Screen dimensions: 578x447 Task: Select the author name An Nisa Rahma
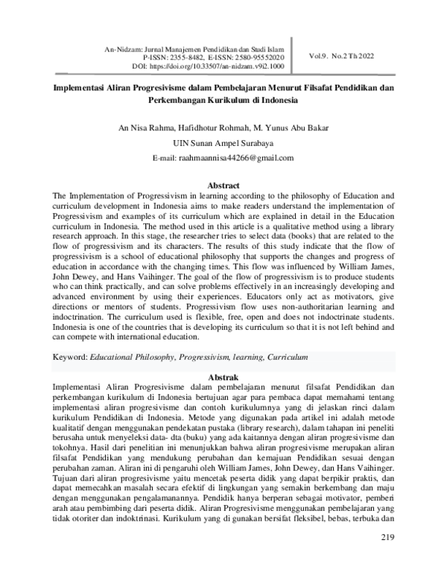144,128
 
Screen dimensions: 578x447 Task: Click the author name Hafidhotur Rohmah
212,128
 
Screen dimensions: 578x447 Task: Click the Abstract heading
223,185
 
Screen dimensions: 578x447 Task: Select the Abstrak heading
223,378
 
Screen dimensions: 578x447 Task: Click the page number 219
387,557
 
